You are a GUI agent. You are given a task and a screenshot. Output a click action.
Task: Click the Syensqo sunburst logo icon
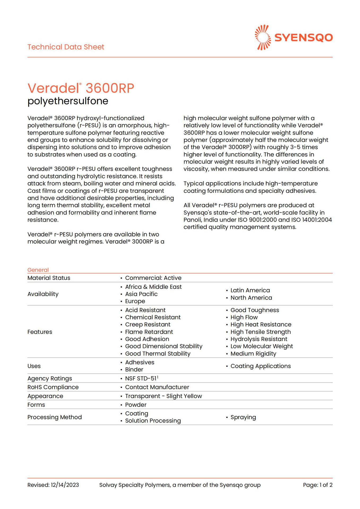(263, 37)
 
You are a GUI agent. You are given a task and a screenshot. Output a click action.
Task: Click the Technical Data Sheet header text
(66, 47)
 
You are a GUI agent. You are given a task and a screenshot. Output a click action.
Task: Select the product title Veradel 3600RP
(81, 88)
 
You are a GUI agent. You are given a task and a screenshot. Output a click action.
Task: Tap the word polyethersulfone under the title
(68, 101)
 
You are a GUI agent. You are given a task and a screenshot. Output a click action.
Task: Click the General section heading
(38, 270)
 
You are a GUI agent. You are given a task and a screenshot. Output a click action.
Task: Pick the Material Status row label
(49, 278)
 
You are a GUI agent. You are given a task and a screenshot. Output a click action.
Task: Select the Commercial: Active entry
(153, 278)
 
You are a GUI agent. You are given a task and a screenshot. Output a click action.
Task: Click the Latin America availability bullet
(250, 290)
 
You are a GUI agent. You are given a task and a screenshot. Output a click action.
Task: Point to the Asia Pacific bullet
(141, 294)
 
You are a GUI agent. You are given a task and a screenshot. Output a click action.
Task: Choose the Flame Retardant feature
(149, 332)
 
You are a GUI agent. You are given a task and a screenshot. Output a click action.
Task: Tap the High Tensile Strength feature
(261, 332)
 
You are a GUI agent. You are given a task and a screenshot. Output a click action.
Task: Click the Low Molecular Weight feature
(262, 346)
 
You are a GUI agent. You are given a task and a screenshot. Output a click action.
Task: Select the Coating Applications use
(261, 366)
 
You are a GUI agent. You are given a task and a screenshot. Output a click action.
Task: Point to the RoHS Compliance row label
(53, 387)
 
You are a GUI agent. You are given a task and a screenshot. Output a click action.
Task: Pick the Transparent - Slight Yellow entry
(163, 396)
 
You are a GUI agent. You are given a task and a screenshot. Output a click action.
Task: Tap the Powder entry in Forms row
(136, 405)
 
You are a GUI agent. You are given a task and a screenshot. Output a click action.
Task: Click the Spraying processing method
(243, 417)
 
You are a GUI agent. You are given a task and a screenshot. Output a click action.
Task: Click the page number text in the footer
(318, 485)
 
